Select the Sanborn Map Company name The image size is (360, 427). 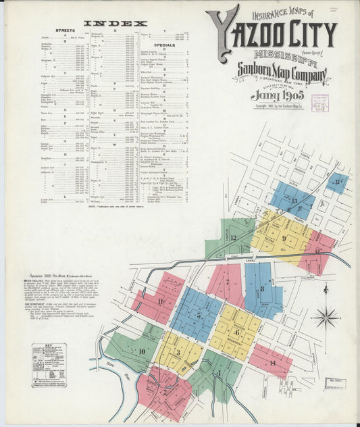282,72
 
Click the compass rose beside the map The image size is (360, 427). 326,316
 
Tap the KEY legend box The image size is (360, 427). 49,365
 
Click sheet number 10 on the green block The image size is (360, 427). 142,351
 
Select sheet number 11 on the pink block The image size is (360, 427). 160,301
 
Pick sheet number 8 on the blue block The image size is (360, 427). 262,289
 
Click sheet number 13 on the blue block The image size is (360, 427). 294,201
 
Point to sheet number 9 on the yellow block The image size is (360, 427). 284,238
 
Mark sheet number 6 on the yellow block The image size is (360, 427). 236,332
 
